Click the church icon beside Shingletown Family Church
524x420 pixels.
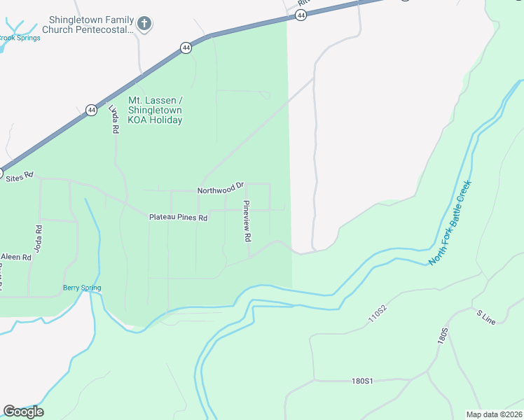click(144, 24)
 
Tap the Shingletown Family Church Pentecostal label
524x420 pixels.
click(87, 24)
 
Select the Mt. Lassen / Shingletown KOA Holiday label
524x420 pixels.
click(155, 110)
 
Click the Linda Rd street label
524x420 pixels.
click(113, 119)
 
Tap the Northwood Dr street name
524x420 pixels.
click(220, 190)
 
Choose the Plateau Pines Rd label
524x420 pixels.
click(178, 218)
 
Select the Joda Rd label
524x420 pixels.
click(39, 239)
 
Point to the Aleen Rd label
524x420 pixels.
click(16, 258)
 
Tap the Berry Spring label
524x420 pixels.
click(82, 288)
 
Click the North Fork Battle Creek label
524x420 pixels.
click(451, 223)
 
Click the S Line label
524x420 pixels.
click(485, 317)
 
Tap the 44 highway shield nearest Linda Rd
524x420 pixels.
click(91, 110)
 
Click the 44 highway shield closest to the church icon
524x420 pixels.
click(186, 48)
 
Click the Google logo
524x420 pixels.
click(23, 412)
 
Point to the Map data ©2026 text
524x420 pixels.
click(494, 414)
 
